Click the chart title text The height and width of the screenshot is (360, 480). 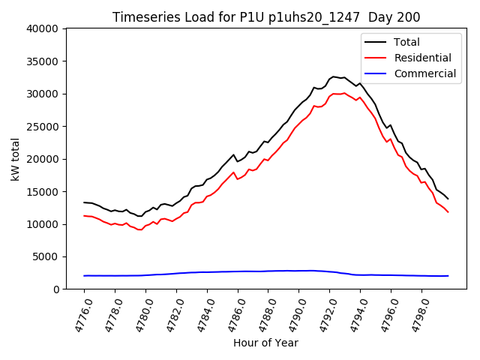(x=266, y=16)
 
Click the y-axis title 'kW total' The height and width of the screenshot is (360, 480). (x=16, y=158)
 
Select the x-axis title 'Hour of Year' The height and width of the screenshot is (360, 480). (x=265, y=343)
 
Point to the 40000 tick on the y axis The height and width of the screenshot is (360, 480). (x=43, y=28)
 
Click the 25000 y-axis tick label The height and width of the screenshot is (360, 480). (x=43, y=126)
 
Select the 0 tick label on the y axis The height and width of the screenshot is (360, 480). (x=57, y=289)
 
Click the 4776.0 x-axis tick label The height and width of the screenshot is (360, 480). (x=78, y=313)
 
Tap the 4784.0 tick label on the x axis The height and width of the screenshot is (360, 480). (x=201, y=313)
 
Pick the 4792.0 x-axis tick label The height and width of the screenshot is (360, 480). (x=323, y=313)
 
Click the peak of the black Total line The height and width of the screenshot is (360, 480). (x=334, y=76)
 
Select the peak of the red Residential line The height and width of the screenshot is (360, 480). (x=343, y=93)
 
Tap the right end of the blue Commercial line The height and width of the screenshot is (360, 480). (x=448, y=275)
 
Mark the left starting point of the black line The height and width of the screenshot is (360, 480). (x=84, y=202)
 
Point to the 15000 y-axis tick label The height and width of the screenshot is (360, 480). (x=43, y=191)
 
